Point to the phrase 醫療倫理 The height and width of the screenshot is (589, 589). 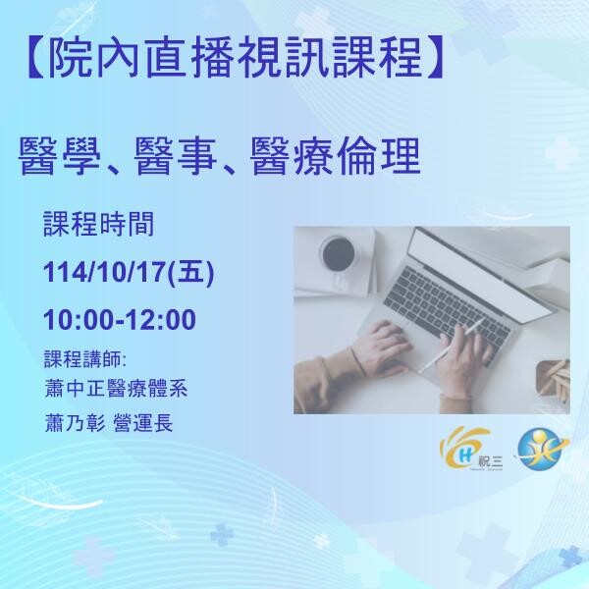click(x=347, y=156)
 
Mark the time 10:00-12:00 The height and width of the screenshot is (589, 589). click(x=120, y=321)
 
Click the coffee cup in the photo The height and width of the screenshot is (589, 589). click(x=338, y=251)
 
